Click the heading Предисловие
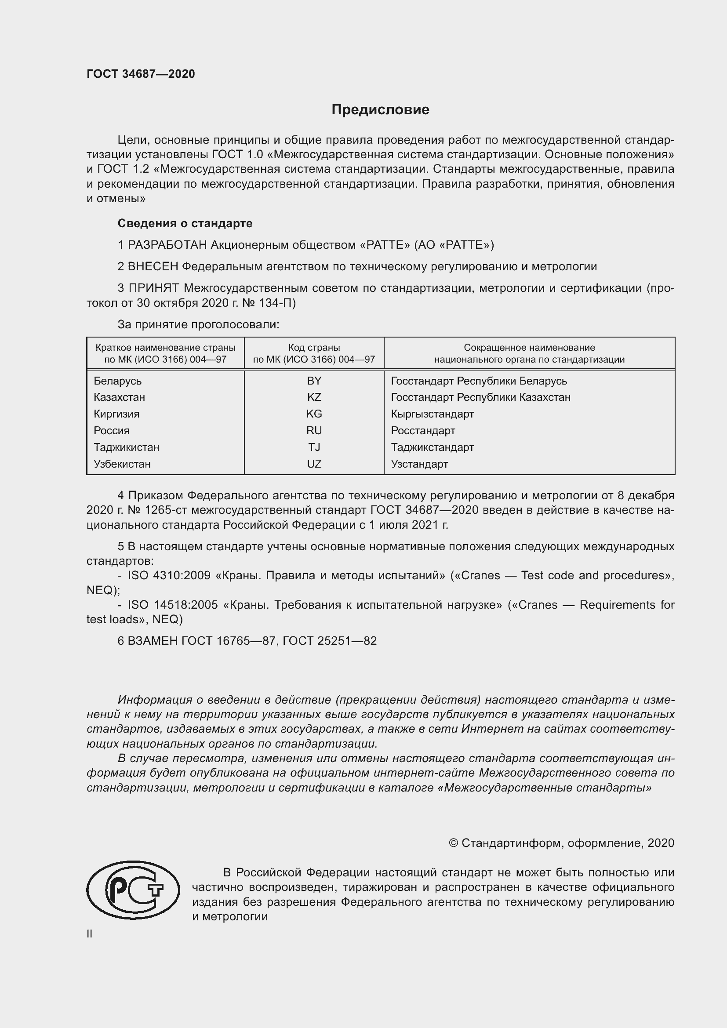pos(380,110)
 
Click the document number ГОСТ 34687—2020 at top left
pos(141,74)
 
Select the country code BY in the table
pos(314,381)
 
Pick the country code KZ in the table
pos(314,397)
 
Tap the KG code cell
pos(314,414)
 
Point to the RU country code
pos(314,430)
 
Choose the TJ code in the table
pos(314,447)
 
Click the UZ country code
pos(314,464)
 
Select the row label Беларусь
pos(117,381)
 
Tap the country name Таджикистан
pos(126,447)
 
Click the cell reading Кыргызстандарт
pos(432,414)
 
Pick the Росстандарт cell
pos(422,431)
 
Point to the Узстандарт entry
pos(419,464)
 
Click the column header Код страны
pos(314,348)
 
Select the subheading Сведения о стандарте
pos(185,223)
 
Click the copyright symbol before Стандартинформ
pos(453,843)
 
